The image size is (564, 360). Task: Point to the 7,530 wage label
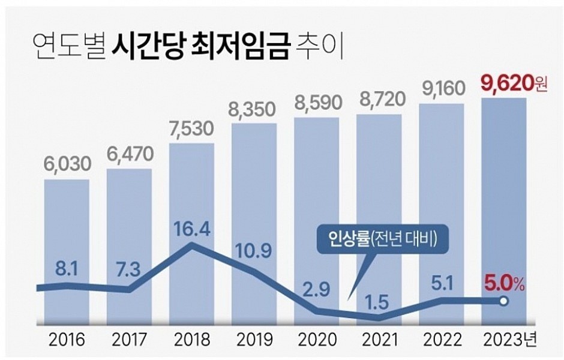(x=191, y=131)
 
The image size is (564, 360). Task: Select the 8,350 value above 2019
(x=254, y=110)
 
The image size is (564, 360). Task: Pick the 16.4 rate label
(x=191, y=229)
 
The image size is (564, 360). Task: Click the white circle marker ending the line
(x=504, y=301)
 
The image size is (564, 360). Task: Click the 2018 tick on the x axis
(x=191, y=340)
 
